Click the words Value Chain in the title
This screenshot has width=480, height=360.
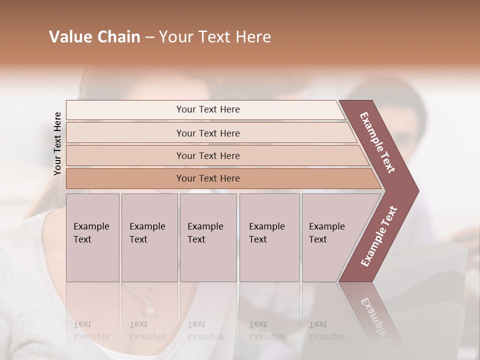[x=94, y=37]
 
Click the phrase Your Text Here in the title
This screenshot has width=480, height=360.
[x=215, y=37]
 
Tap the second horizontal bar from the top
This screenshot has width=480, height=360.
[x=207, y=133]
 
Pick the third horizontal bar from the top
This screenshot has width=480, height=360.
[x=207, y=155]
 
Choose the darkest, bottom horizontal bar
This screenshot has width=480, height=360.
[x=207, y=178]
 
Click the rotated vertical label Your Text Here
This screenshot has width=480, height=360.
[x=57, y=143]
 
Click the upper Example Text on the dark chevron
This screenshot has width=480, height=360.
[x=378, y=142]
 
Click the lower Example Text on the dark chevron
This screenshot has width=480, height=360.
[x=379, y=236]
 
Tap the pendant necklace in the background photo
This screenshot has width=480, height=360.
[x=148, y=310]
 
